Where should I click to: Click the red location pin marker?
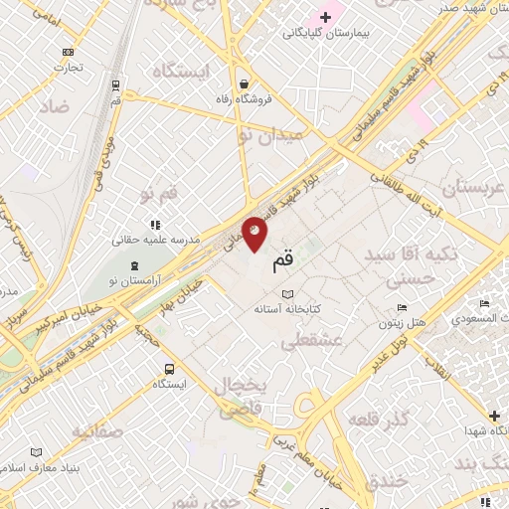point(254,233)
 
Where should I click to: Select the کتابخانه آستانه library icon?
point(288,294)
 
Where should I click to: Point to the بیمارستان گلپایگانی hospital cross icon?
point(325,17)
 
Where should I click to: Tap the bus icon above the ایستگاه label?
point(170,368)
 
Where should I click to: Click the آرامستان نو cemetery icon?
point(134,265)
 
